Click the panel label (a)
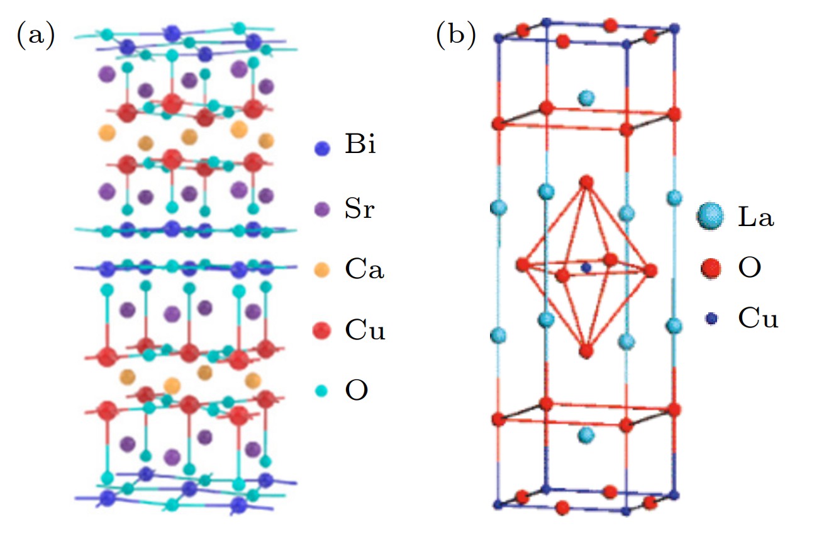pos(35,35)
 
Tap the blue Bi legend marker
pos(322,148)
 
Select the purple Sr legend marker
pos(322,209)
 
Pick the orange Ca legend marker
pos(322,269)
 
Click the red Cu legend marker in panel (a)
pos(322,330)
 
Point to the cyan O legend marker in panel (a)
pos(322,391)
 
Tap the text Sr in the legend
pos(359,208)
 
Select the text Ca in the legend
pos(364,269)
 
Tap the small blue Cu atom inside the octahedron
pos(586,268)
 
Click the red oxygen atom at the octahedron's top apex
pos(586,182)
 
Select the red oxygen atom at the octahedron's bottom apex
pos(586,350)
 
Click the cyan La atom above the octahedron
pos(586,98)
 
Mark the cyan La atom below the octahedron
pos(586,434)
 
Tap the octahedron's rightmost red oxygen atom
pos(650,270)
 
